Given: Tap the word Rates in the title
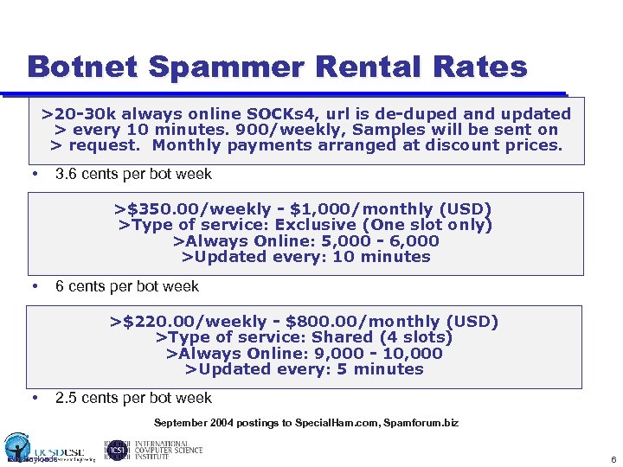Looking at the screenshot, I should tap(484, 67).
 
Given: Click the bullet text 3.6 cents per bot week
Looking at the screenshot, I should tap(133, 174).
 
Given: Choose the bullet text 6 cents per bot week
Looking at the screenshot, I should tap(127, 286).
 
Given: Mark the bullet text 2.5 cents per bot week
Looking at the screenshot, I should tap(133, 398).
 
